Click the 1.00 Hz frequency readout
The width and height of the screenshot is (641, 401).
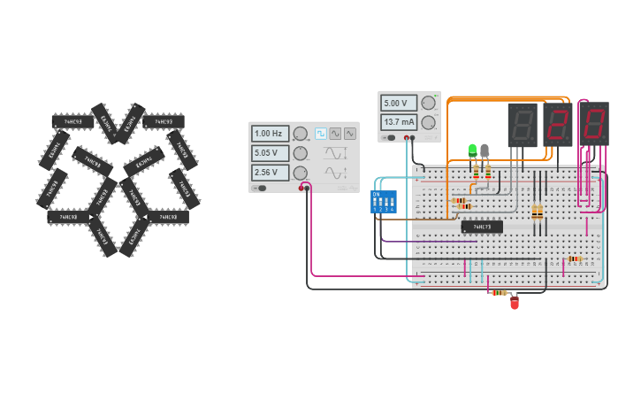(x=270, y=134)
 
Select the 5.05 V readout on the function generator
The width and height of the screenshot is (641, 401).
(x=270, y=153)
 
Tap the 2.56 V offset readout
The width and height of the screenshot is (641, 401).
(x=270, y=173)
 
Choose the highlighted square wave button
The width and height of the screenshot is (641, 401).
(x=321, y=134)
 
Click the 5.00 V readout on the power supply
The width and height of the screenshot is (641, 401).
(x=399, y=104)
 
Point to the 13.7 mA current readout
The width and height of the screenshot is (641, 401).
(x=399, y=122)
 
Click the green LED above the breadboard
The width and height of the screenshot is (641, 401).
(x=472, y=150)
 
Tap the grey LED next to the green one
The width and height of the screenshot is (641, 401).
(x=485, y=150)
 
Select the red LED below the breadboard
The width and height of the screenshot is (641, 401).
(x=515, y=303)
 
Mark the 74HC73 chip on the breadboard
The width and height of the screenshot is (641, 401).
(x=482, y=227)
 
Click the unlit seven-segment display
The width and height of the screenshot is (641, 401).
(x=522, y=124)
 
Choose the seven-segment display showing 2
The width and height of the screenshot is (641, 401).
(x=558, y=124)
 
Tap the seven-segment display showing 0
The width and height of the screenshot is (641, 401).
(x=593, y=124)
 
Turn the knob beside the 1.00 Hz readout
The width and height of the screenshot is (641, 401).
(x=301, y=134)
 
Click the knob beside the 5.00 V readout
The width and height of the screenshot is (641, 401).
(x=429, y=104)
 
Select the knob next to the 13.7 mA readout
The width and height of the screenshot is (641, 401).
(x=429, y=122)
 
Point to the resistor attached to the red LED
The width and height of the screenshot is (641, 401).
(x=500, y=292)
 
